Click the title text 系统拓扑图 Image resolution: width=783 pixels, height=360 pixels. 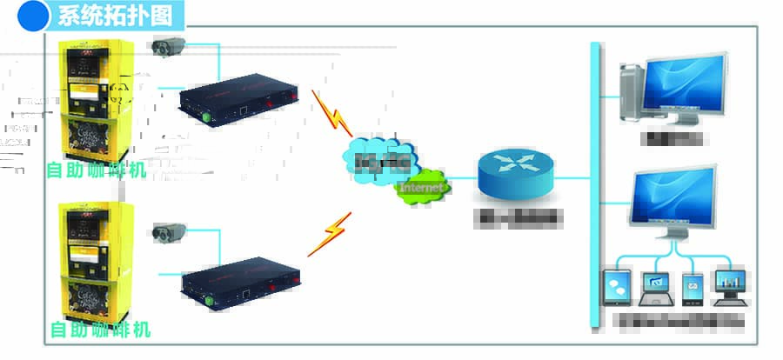112,15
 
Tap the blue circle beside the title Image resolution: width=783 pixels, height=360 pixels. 34,15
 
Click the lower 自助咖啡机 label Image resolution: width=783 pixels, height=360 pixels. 100,330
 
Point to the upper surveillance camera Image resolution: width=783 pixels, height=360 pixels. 170,46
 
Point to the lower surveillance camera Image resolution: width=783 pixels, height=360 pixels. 170,232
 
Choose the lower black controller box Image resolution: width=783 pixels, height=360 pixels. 238,282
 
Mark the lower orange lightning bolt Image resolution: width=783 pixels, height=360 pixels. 330,235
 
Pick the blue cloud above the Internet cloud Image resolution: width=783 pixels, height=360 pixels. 384,160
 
